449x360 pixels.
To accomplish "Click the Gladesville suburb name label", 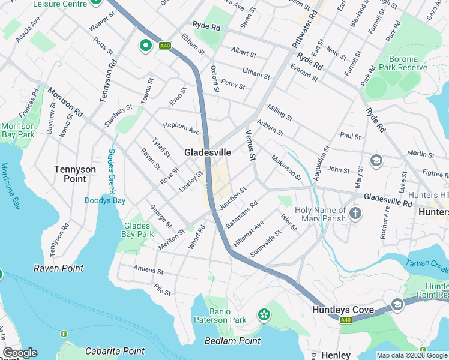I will click(207, 153).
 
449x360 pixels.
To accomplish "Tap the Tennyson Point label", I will click(75, 174).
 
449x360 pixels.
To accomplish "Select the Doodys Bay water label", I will click(105, 200).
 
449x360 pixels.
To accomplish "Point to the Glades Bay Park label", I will click(137, 230).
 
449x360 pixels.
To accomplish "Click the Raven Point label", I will click(58, 268).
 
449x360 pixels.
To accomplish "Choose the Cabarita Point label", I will click(115, 351).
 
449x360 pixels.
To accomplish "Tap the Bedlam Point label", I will click(232, 341).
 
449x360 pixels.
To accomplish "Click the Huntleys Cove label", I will click(343, 310).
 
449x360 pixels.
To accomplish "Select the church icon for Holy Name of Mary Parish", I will click(355, 213).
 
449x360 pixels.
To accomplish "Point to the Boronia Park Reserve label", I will click(399, 63).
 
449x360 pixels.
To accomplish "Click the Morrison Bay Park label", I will click(18, 130).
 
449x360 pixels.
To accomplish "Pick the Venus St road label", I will click(251, 146).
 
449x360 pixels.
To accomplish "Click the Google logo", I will click(20, 353).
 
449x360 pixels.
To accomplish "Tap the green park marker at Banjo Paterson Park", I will click(263, 314).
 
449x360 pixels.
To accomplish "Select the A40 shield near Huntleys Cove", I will click(345, 320).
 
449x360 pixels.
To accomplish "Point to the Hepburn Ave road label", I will click(181, 128).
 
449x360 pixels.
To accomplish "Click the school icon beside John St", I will click(376, 160).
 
